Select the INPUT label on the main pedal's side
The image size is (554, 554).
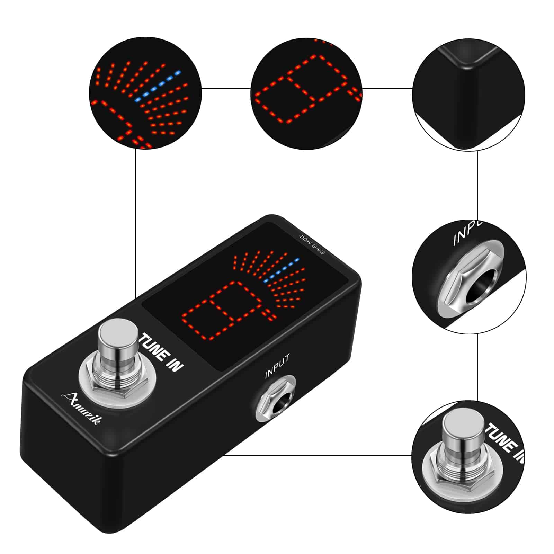point(277,366)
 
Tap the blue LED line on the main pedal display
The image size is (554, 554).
point(281,271)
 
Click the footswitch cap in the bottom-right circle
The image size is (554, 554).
point(464,429)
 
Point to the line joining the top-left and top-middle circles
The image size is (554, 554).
point(226,88)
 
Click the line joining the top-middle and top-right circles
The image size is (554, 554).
point(387,88)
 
